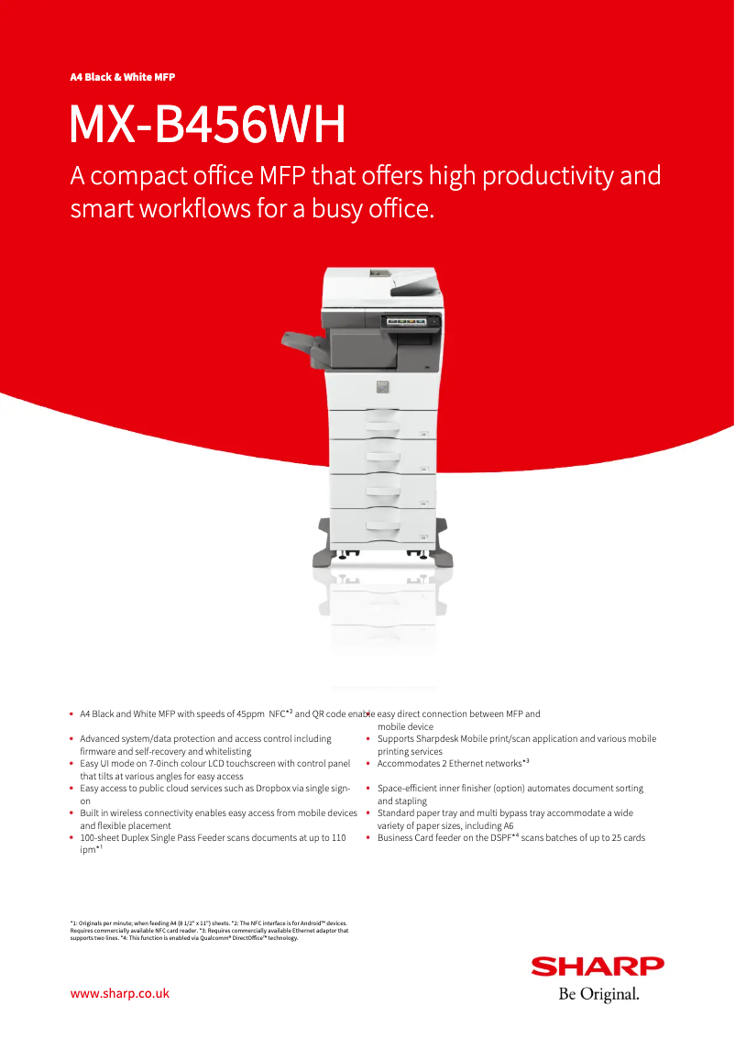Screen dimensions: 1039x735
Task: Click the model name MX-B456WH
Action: click(x=208, y=127)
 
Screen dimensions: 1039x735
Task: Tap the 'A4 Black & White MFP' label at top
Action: click(x=123, y=77)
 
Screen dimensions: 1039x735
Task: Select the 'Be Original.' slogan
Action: click(x=598, y=994)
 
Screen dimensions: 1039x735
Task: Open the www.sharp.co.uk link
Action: click(x=120, y=993)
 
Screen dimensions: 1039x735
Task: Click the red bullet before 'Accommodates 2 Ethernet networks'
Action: click(x=367, y=763)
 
